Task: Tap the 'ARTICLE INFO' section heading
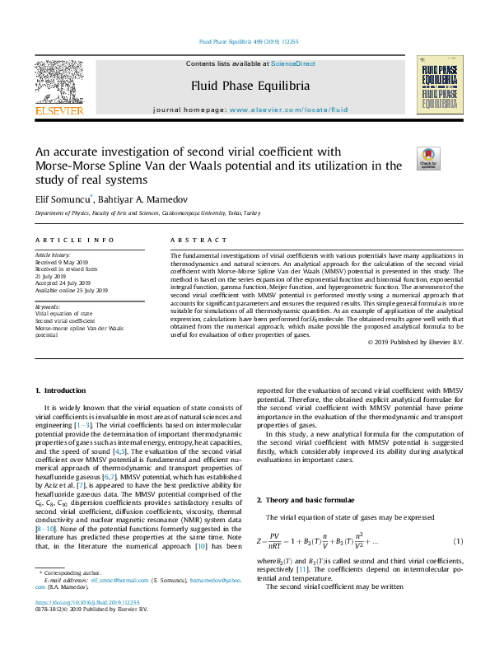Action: click(74, 240)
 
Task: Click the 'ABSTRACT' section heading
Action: click(198, 240)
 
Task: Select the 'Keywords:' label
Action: click(47, 306)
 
